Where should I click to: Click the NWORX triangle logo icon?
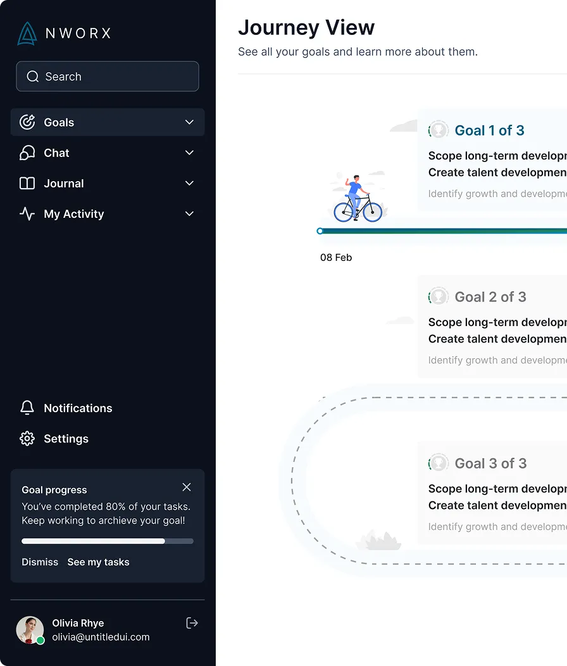tap(27, 34)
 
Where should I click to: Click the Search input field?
tap(108, 77)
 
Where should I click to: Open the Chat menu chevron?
tap(189, 153)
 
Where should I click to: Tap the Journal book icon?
tap(27, 183)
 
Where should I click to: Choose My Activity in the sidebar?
tap(74, 213)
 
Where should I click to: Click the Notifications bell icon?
tap(27, 408)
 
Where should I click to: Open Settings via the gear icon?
tap(27, 438)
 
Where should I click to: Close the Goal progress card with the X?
tap(187, 487)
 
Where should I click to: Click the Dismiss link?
tap(40, 562)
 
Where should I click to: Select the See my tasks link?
tap(98, 562)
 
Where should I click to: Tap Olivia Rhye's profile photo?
tap(30, 630)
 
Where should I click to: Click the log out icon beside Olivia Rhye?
tap(192, 623)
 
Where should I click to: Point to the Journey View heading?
tap(306, 28)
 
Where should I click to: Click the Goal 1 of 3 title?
tap(489, 130)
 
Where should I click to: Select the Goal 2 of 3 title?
tap(490, 297)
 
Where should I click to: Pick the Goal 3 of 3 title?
tap(490, 463)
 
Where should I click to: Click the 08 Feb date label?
tap(336, 258)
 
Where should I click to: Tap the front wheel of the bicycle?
tap(372, 211)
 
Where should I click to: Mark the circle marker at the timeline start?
tap(320, 231)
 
